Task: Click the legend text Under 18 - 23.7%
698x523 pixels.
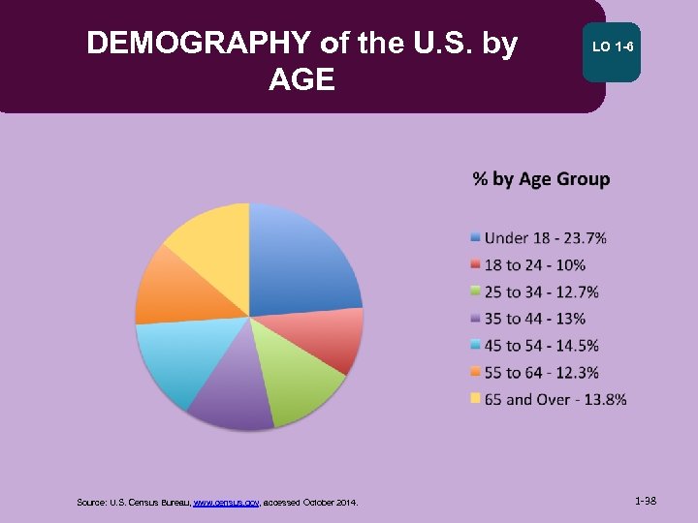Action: pos(546,238)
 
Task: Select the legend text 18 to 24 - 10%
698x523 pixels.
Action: pos(535,265)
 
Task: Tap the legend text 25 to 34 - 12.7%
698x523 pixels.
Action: pos(542,292)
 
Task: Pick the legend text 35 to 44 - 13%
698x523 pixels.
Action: pos(535,319)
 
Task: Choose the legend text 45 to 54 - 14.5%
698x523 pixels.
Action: pos(542,346)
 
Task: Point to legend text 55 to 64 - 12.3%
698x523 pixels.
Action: pos(542,372)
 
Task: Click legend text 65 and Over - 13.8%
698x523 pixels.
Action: pos(555,399)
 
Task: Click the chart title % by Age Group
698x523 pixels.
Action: pos(541,179)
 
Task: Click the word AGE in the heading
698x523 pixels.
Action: pos(301,78)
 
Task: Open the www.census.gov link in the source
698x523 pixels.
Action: pos(226,503)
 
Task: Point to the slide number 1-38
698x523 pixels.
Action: pos(646,502)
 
